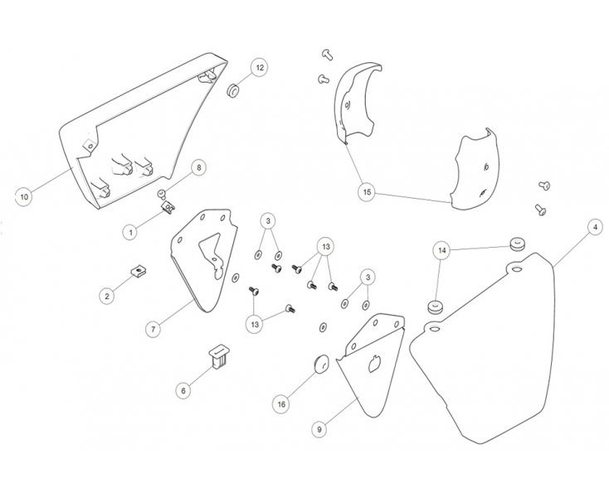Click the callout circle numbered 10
pos(24,197)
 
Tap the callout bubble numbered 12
pos(260,67)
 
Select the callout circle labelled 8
pos(199,167)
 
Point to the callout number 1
pos(130,232)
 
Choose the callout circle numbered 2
pos(107,297)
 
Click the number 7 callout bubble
pos(153,329)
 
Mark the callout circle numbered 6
pos(183,390)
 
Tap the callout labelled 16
pos(281,404)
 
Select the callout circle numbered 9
pos(319,429)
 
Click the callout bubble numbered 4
pos(595,227)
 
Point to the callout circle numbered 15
pos(367,192)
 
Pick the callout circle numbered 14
pos(442,250)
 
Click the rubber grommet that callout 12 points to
pos(232,92)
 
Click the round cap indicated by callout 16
pos(321,364)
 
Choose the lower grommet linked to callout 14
pos(436,306)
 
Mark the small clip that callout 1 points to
pos(168,207)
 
